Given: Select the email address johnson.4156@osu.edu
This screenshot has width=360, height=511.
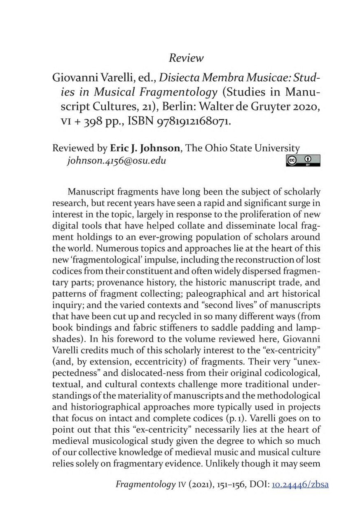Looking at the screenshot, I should [x=113, y=160].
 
